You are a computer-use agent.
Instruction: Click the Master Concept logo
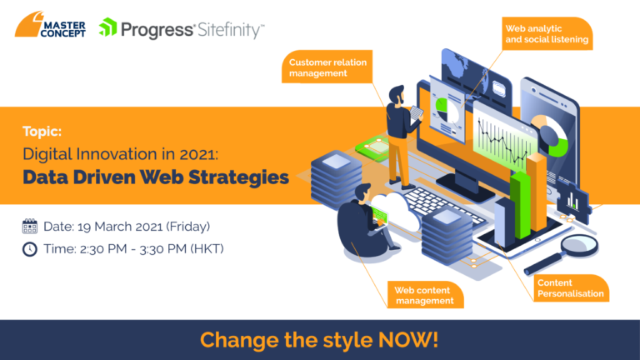50,24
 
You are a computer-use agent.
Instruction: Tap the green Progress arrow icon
107,27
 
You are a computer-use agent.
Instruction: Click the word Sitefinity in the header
231,30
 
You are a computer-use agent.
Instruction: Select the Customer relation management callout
327,67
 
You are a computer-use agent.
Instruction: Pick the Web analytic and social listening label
547,34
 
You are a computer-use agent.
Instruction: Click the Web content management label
425,295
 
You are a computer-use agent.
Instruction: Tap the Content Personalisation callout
571,288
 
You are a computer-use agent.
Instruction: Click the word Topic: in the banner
42,131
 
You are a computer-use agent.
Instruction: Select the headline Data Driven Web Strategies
156,177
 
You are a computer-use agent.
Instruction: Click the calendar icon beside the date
30,226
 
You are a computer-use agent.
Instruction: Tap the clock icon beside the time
30,249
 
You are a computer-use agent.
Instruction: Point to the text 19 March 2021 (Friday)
143,227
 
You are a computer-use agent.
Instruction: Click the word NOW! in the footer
408,340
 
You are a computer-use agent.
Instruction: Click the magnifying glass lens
580,245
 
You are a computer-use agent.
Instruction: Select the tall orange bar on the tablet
537,192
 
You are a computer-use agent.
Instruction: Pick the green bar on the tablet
520,205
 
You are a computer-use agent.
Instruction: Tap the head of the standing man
397,95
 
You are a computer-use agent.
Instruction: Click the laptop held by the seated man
379,215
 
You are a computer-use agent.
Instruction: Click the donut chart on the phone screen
550,135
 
